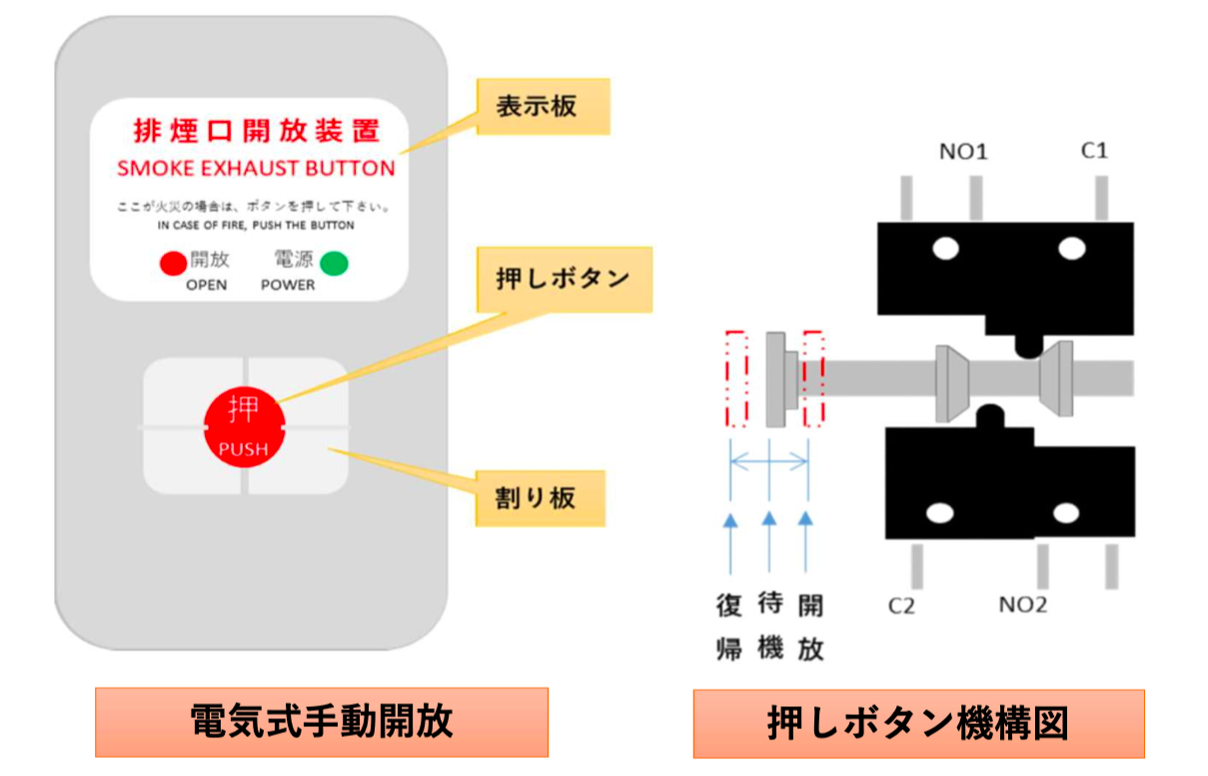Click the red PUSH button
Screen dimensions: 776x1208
pos(244,426)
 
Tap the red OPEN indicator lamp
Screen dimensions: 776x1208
pos(173,264)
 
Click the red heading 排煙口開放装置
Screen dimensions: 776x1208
pos(257,132)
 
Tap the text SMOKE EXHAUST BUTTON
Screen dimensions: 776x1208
pos(257,168)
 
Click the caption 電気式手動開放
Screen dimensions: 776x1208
pos(322,722)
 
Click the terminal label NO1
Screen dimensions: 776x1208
pos(963,153)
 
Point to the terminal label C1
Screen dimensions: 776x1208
pos(1094,152)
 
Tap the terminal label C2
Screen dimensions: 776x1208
pos(901,605)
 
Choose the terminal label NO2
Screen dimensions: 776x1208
pos(1023,605)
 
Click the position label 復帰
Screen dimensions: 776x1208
pos(729,626)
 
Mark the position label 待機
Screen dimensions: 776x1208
pos(769,626)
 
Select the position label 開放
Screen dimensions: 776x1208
pos(810,626)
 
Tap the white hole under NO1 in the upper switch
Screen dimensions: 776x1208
pos(942,248)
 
